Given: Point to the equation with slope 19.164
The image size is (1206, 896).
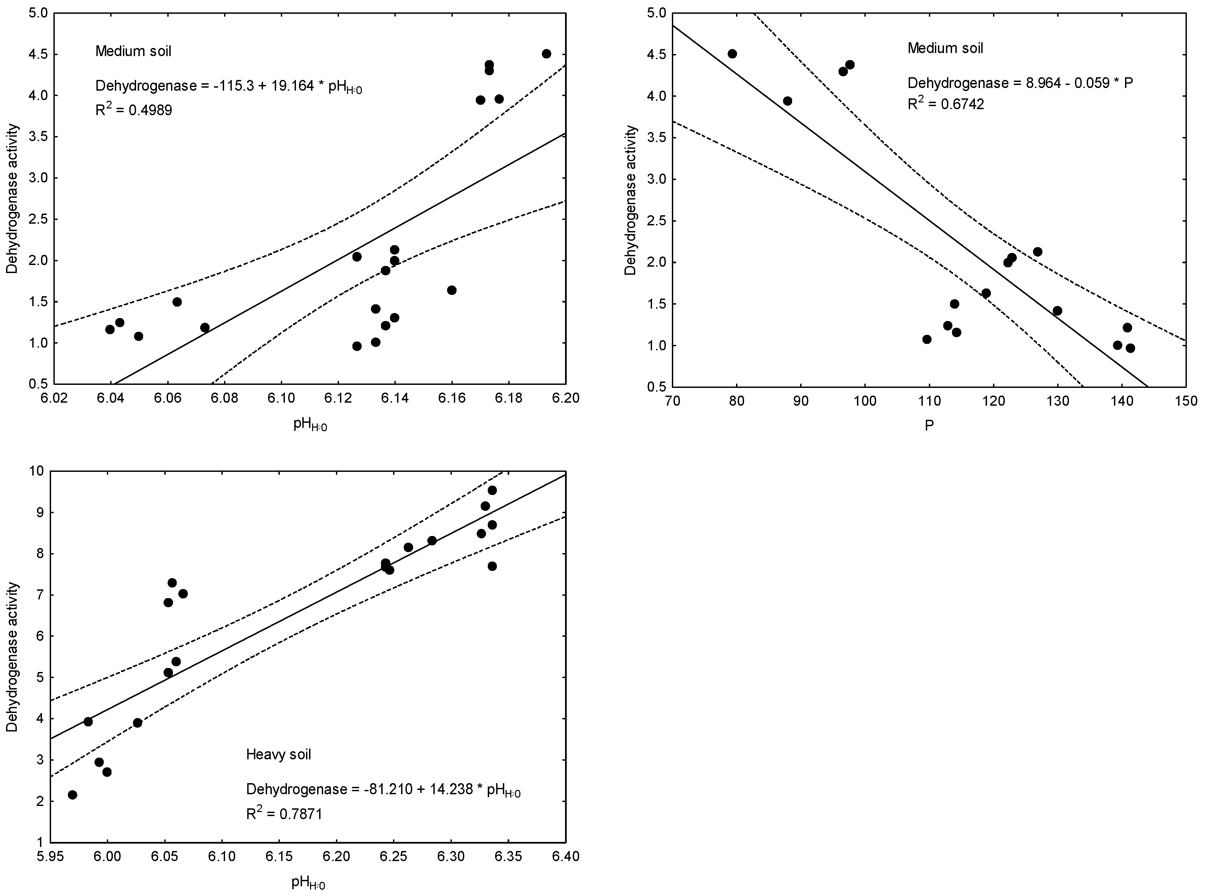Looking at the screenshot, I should point(228,86).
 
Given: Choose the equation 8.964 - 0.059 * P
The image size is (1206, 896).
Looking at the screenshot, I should point(1020,83).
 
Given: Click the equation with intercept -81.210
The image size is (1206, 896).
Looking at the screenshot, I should point(383,789).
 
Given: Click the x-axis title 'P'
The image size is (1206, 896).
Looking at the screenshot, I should point(929,426).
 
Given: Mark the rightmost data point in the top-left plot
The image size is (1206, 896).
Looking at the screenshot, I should point(546,54).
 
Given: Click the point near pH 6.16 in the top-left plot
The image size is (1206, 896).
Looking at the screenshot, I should point(451,290).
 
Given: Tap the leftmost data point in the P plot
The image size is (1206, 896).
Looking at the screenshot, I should point(732,54).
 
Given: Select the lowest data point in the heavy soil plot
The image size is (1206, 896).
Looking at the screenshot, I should point(72,795).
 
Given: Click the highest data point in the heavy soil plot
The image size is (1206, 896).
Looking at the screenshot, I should point(492,490).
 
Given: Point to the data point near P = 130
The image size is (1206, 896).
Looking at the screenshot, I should point(1057,311).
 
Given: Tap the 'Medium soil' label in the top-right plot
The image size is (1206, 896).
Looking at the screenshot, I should point(945,48).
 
